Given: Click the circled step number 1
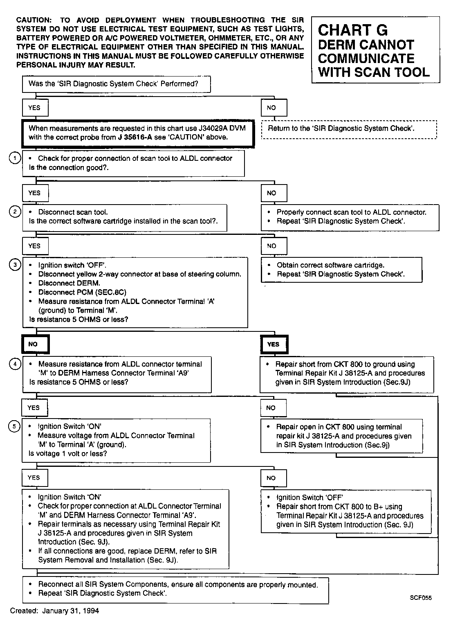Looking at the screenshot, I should point(15,158).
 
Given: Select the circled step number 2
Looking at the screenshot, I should point(15,212).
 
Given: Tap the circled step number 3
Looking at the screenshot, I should point(15,265).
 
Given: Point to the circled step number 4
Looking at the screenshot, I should point(15,364).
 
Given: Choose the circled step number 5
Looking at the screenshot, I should point(15,427).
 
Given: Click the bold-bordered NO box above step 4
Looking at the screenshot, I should point(35,344).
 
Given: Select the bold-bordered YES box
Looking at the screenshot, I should point(274,344).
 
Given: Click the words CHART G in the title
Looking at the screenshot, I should point(352,30).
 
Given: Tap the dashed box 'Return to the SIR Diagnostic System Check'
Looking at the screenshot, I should point(349,129).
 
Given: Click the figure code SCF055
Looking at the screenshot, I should point(421,598).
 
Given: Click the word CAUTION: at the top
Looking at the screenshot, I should point(34,20).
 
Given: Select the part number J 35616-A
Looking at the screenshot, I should point(135,137).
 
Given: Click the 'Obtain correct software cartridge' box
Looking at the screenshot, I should point(341,270).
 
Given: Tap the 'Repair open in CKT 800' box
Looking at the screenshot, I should point(341,436).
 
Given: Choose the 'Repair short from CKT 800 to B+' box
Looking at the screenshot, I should point(346,511).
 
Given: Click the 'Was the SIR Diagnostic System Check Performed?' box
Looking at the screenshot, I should point(116,84).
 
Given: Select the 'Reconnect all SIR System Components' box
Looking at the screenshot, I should point(175,590).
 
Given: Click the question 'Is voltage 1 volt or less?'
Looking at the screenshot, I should point(68,453).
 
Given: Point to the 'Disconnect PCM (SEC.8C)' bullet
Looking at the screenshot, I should point(82,292).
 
